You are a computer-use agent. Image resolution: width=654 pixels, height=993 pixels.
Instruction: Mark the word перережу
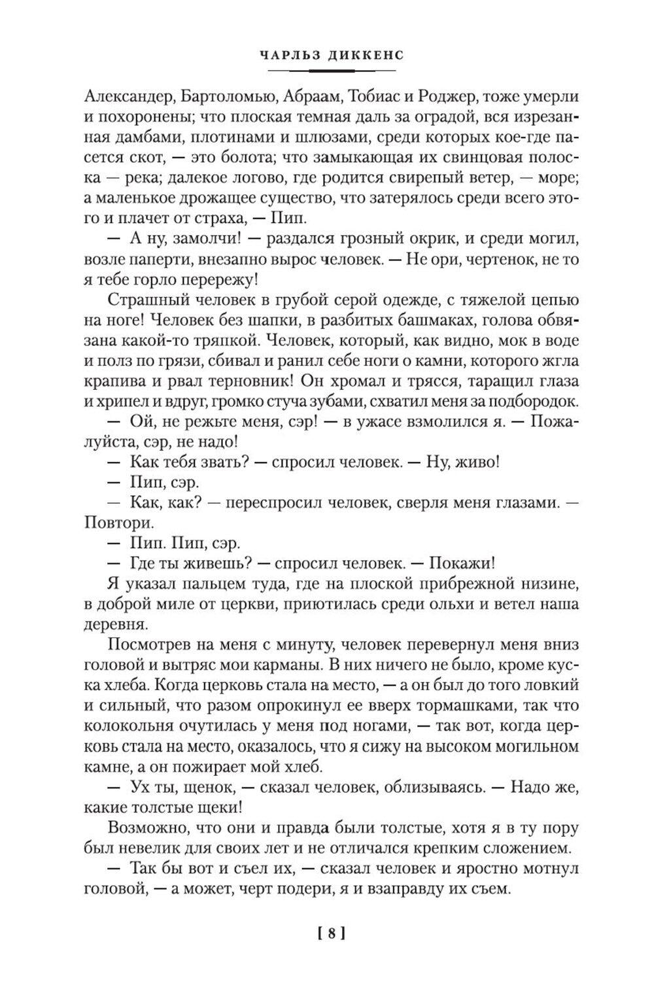click(x=213, y=279)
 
